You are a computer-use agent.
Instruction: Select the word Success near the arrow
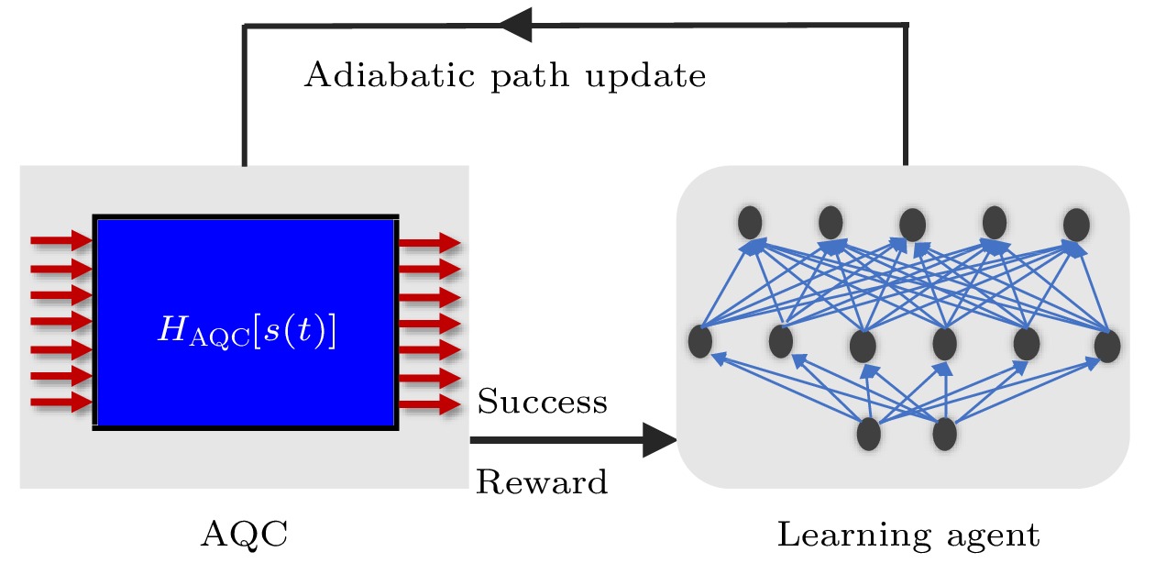[542, 402]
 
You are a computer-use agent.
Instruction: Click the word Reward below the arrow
[542, 481]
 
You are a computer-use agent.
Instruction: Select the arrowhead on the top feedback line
[516, 25]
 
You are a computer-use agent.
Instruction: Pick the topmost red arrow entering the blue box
[61, 241]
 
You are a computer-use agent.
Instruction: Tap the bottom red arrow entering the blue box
[61, 403]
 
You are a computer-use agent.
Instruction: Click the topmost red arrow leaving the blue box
[429, 243]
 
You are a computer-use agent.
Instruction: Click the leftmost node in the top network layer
[750, 221]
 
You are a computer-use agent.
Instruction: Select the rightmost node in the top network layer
[1076, 224]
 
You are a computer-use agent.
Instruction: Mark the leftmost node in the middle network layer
[700, 341]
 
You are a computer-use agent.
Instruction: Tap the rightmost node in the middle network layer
[1107, 346]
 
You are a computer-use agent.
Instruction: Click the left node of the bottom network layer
[868, 434]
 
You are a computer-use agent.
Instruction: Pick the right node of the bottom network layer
[945, 434]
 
